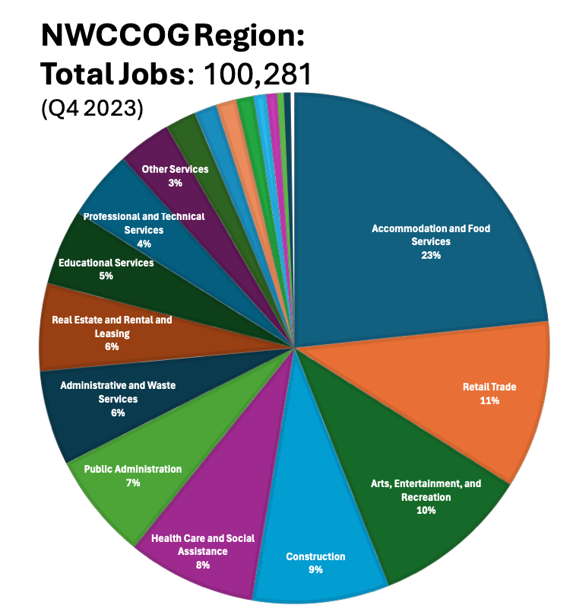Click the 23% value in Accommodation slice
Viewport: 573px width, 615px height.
pos(431,256)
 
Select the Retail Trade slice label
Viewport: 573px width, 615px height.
pos(489,387)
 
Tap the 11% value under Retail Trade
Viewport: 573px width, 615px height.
pos(489,400)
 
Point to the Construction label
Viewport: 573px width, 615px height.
pos(315,556)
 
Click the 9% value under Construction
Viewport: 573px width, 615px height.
pos(315,570)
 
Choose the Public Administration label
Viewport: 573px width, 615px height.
pos(133,469)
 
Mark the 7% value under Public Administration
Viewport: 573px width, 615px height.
pos(133,483)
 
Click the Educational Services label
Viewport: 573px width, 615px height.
pos(106,263)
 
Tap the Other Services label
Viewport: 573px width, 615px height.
pos(175,169)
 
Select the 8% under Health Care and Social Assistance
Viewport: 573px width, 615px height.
pos(202,566)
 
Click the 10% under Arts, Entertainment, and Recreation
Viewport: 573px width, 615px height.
pos(426,511)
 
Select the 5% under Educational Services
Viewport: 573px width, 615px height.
pos(106,276)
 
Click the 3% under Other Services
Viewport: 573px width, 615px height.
pos(175,183)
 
